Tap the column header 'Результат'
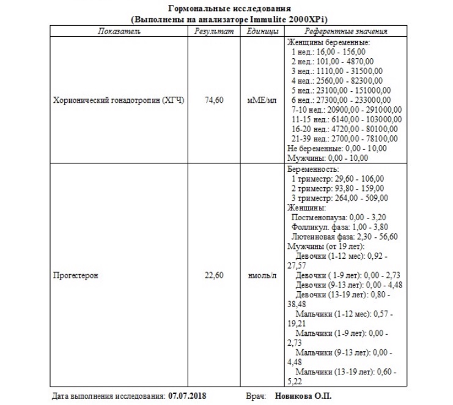(x=213, y=31)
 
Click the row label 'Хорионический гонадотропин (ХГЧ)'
(x=119, y=100)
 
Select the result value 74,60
(x=213, y=100)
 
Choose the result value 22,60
(x=213, y=275)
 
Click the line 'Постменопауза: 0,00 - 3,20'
(x=339, y=217)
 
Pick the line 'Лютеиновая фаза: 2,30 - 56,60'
(x=345, y=236)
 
